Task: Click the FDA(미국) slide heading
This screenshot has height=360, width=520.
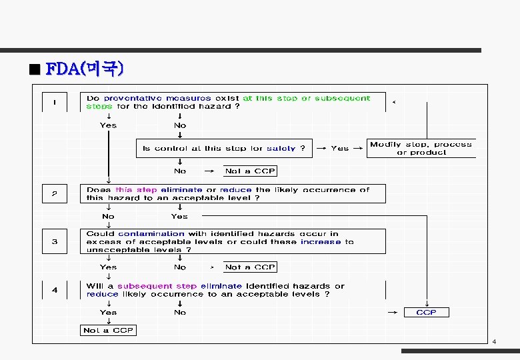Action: (x=84, y=69)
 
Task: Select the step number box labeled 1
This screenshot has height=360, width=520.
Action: (x=54, y=103)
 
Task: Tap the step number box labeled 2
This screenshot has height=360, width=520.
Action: (x=54, y=194)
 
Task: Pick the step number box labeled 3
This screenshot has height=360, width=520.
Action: (x=54, y=241)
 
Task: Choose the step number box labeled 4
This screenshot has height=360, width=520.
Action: (x=54, y=290)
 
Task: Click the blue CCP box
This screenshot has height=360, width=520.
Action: (x=426, y=312)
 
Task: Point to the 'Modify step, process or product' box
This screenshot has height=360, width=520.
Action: (x=421, y=148)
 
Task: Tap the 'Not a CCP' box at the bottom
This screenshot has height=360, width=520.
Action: (x=107, y=330)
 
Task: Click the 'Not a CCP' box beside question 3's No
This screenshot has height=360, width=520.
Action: (x=250, y=267)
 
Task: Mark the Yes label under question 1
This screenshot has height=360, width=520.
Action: (x=108, y=125)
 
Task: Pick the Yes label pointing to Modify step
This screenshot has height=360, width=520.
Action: (x=340, y=149)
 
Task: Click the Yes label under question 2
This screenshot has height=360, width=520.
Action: (x=179, y=216)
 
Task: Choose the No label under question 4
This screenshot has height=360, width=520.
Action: (x=180, y=312)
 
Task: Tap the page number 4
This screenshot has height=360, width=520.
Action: (x=494, y=342)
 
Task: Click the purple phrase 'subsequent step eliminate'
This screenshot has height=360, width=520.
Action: (x=180, y=286)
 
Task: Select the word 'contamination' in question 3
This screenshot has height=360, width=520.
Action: (x=151, y=234)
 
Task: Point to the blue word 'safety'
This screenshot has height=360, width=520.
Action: (x=281, y=149)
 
